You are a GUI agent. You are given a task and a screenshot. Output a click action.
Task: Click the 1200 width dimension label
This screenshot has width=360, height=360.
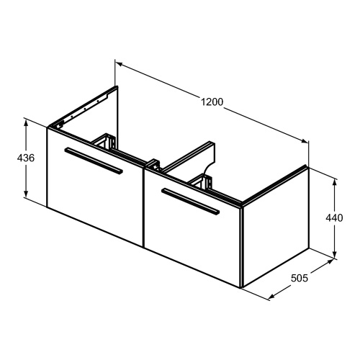point(212,102)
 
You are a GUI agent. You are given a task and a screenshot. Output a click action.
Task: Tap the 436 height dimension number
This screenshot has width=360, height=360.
point(26,158)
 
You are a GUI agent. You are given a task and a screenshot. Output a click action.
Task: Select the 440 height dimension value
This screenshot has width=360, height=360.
point(334,218)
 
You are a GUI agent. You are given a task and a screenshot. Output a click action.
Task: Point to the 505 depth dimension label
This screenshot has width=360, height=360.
point(300,278)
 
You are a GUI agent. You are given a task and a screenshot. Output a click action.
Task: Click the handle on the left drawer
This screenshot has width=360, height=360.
point(94,160)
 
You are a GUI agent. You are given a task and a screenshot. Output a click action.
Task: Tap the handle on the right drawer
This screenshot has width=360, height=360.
point(191,201)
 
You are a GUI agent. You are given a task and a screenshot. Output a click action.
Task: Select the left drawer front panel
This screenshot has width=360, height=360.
point(95,187)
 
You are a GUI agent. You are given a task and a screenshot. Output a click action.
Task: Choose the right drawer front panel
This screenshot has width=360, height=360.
point(193,228)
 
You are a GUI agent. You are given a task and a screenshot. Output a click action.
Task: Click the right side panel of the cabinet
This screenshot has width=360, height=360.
point(276,227)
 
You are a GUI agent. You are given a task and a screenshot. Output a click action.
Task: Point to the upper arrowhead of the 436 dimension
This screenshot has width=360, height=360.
point(26,122)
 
